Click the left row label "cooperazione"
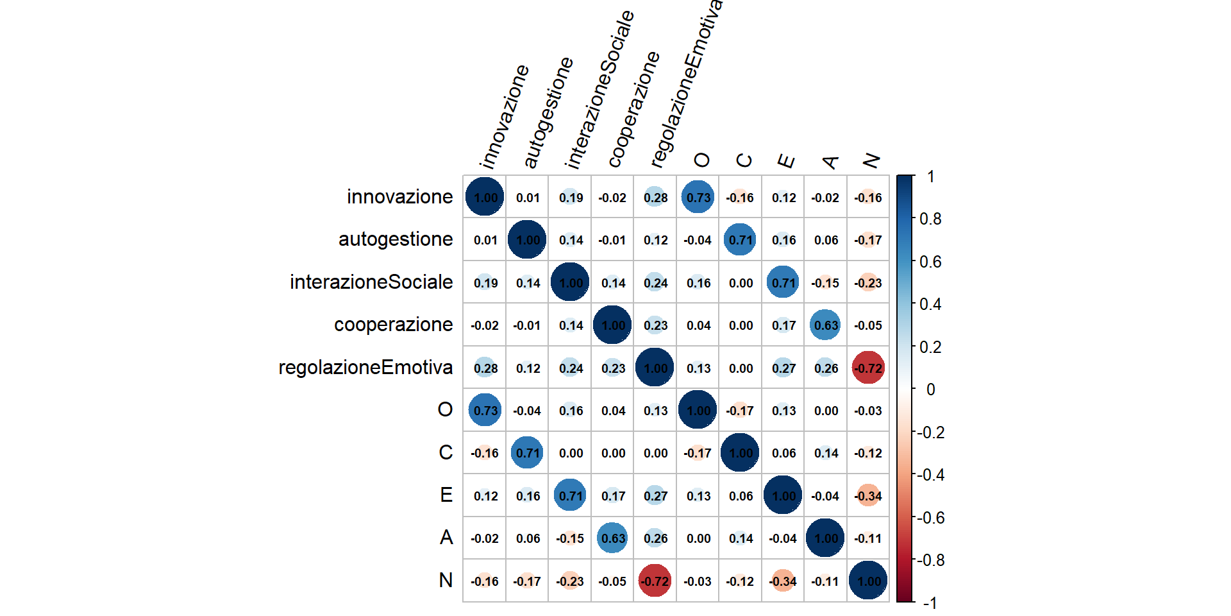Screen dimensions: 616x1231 (393, 325)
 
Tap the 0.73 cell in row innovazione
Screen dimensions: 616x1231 (698, 197)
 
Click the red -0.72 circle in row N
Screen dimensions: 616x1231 (655, 581)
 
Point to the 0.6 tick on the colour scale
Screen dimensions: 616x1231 (930, 262)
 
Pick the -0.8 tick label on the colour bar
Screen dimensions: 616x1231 (930, 560)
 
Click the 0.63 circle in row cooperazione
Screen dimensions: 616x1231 (826, 325)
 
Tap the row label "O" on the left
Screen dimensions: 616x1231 (445, 409)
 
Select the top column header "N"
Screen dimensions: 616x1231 (871, 160)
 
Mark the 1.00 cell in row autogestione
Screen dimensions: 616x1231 (528, 240)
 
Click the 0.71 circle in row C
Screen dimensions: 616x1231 (528, 453)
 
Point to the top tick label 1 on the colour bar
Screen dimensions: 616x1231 (930, 176)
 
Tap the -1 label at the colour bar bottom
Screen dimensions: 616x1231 (930, 603)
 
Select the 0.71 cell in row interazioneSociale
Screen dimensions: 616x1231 (783, 282)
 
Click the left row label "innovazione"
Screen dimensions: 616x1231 (399, 196)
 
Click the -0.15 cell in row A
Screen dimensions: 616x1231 (570, 538)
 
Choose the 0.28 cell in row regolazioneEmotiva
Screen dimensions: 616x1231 (485, 368)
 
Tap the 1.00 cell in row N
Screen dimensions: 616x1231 (868, 581)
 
